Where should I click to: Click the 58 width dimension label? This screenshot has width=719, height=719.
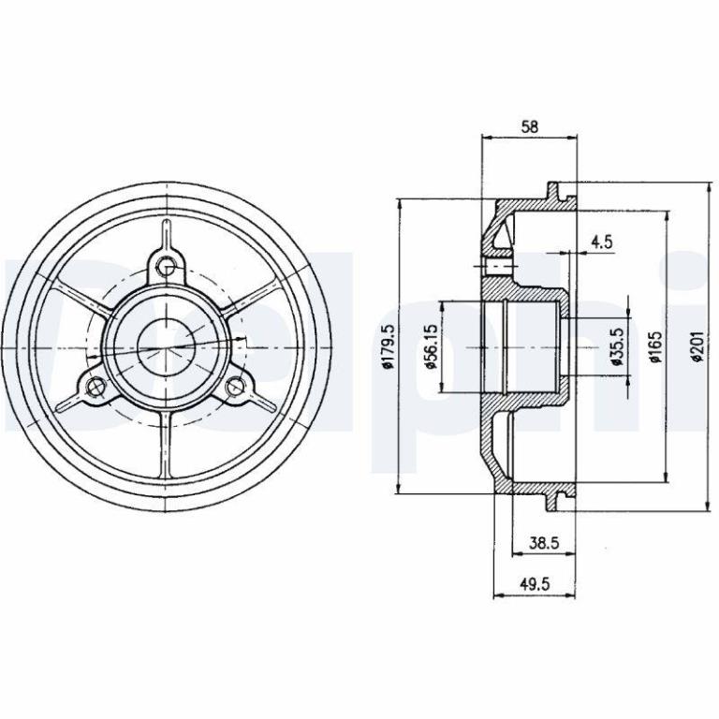530,126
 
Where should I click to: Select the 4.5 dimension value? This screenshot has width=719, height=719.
602,242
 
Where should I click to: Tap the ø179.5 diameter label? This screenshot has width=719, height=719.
388,346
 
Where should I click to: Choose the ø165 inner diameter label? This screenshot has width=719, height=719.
656,346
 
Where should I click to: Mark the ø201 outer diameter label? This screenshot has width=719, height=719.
697,346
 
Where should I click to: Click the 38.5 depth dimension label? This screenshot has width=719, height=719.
544,543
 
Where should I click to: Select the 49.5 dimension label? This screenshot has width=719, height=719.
535,584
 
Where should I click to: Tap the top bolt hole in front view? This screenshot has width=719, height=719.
166,265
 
